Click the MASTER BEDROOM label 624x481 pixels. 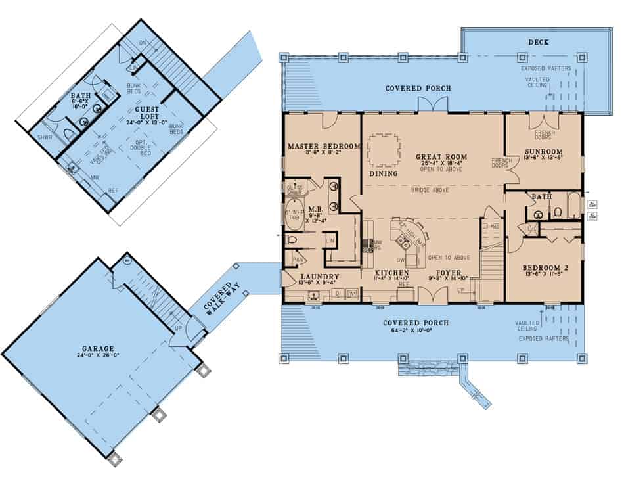pyautogui.click(x=322, y=145)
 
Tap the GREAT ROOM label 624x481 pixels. pyautogui.click(x=436, y=157)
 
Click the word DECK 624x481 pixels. pyautogui.click(x=539, y=42)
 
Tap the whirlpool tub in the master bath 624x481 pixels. pyautogui.click(x=293, y=217)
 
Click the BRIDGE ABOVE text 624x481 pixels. pyautogui.click(x=430, y=190)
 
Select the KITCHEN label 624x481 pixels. pyautogui.click(x=392, y=272)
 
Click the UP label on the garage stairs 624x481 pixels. pyautogui.click(x=177, y=326)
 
